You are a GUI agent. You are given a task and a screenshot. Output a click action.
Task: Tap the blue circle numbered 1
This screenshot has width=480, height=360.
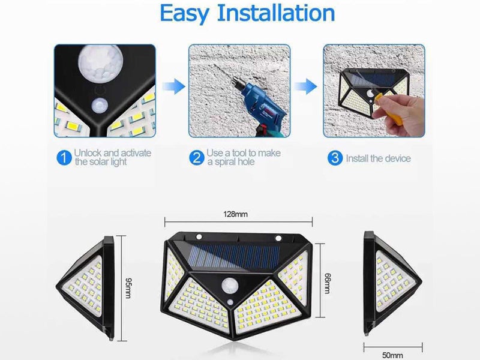64,158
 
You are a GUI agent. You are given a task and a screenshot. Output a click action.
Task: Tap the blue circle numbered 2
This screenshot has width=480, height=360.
196,158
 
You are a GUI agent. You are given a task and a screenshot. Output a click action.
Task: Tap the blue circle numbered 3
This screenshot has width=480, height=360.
335,158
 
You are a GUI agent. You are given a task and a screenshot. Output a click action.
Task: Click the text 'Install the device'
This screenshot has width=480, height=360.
378,158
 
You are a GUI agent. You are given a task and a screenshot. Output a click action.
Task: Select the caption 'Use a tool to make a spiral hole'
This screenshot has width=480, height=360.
243,158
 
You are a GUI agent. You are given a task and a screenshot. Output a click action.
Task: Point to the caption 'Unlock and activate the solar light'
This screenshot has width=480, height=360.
112,158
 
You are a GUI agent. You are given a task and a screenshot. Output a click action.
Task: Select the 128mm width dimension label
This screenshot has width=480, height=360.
236,214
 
